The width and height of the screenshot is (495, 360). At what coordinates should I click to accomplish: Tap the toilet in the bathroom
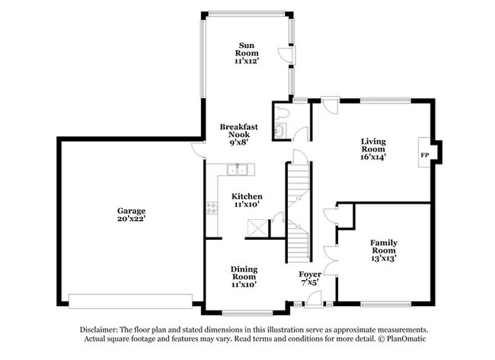283,113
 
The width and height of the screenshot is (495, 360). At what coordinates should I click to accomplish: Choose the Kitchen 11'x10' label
247,200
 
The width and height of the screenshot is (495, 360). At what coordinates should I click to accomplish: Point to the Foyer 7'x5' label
310,278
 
